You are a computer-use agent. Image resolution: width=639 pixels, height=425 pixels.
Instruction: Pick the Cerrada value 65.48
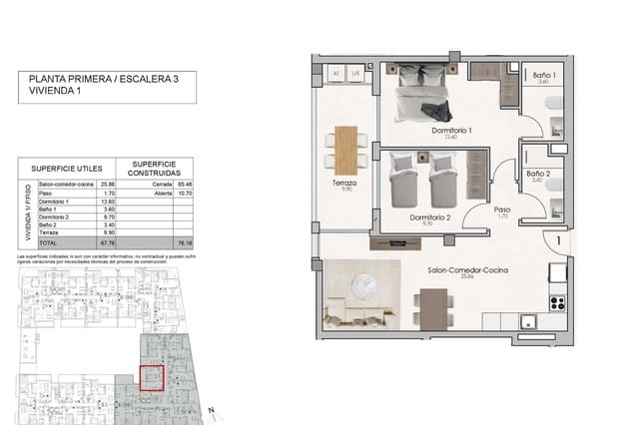click(x=183, y=186)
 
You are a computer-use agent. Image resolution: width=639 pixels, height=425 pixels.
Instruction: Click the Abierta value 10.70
click(x=183, y=195)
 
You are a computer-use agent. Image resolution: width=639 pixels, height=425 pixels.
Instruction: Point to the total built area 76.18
click(x=183, y=242)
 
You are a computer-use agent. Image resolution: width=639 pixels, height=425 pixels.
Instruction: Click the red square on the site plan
click(x=151, y=380)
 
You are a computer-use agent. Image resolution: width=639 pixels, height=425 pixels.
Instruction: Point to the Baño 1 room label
click(x=544, y=76)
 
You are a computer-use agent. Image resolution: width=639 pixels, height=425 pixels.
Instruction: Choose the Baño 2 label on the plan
click(x=538, y=174)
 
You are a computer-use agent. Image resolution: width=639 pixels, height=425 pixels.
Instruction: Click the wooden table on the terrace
click(x=344, y=148)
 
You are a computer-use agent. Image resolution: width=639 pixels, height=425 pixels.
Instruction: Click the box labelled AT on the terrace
click(x=336, y=73)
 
